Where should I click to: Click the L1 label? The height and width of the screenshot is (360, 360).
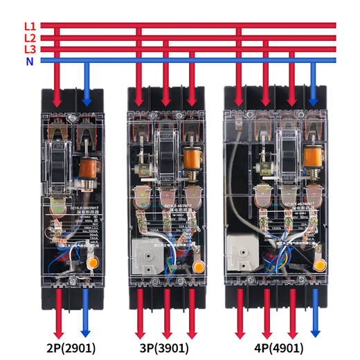30,26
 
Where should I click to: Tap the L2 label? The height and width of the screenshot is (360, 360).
30,37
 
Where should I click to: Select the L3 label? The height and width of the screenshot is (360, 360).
30,49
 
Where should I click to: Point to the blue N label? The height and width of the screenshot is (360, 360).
30,61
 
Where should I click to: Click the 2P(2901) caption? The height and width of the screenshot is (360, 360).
72,347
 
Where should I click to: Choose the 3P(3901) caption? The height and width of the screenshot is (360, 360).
167,347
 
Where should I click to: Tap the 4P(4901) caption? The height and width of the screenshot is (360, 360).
278,347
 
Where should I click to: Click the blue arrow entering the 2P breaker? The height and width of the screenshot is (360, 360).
87,77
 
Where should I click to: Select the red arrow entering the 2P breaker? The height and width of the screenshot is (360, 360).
58,77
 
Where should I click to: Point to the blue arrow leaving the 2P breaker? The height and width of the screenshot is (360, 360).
87,314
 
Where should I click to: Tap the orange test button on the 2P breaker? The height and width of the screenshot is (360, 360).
94,264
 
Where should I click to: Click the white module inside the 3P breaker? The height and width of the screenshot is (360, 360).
146,257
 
